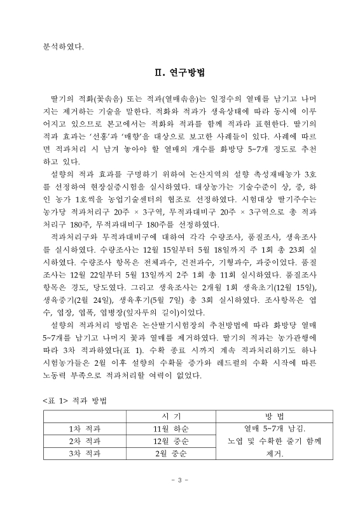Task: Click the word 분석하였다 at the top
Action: tap(63, 45)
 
